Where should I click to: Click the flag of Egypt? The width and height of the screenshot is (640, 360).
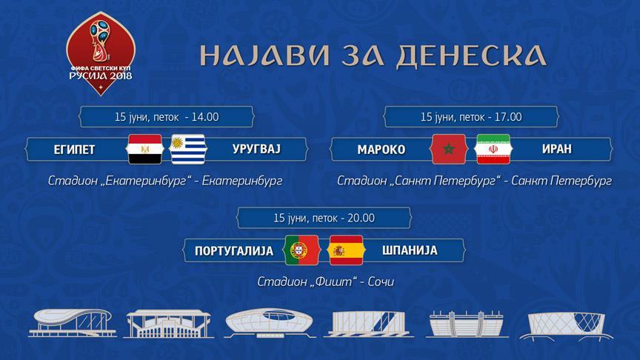(145, 150)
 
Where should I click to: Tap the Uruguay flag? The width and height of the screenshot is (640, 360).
(187, 150)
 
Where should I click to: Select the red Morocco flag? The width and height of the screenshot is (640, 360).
(448, 150)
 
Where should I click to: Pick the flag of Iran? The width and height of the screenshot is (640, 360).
(493, 150)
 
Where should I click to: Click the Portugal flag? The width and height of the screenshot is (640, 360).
(301, 250)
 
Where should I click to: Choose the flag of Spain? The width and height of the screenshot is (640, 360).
(346, 250)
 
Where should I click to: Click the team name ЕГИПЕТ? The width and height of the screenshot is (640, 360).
(74, 150)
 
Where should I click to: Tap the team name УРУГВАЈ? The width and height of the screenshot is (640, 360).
(256, 150)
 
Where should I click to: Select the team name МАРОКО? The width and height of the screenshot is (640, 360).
(381, 150)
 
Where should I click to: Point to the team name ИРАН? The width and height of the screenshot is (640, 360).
(557, 150)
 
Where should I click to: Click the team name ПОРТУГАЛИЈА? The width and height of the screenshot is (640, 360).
(234, 250)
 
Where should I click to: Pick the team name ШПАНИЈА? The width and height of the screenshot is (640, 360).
(410, 250)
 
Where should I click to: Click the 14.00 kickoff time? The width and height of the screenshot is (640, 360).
(205, 117)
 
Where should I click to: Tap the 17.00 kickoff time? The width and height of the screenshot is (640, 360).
(508, 117)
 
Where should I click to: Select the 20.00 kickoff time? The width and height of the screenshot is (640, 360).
(361, 218)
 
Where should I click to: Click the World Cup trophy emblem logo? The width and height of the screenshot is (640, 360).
(101, 53)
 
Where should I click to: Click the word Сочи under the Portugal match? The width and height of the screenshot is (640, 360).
(381, 281)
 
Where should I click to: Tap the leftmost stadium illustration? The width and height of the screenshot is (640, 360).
(73, 323)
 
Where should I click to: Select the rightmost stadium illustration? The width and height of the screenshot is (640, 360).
(567, 326)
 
